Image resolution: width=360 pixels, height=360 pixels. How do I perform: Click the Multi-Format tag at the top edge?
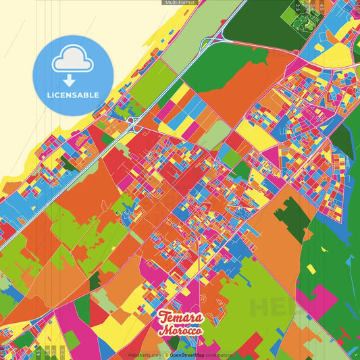179,3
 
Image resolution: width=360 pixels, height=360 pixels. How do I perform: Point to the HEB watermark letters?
270,307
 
